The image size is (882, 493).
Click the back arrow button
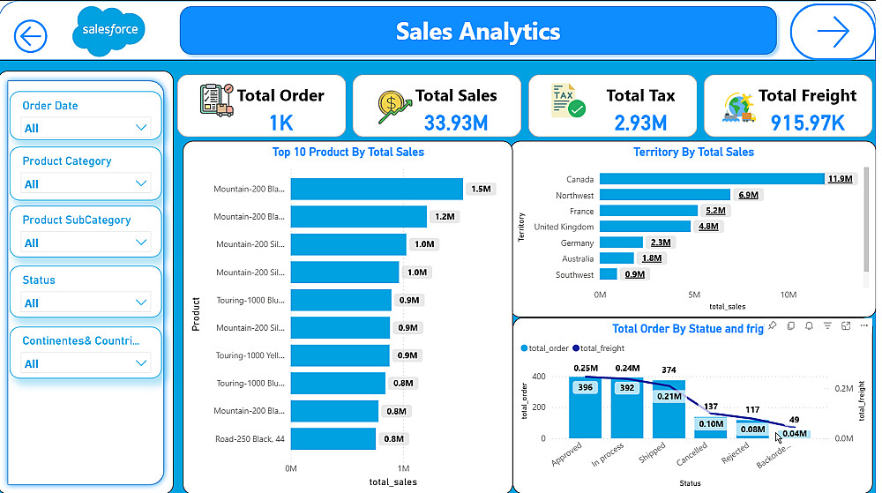31,36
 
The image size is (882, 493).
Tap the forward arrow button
832,33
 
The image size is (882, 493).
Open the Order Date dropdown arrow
141,128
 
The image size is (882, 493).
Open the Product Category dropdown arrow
141,183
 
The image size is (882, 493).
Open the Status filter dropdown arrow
141,303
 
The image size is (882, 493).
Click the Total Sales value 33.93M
455,123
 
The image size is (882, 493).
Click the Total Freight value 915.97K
807,123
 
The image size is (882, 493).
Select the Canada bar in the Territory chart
711,179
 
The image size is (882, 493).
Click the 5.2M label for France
714,211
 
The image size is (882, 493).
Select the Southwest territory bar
609,274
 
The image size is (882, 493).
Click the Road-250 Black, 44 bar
333,438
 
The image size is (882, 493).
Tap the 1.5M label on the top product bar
481,189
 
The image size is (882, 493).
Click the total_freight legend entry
601,348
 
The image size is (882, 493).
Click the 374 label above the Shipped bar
669,370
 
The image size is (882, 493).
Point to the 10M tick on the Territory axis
789,295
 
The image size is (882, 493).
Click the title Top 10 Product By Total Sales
348,153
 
